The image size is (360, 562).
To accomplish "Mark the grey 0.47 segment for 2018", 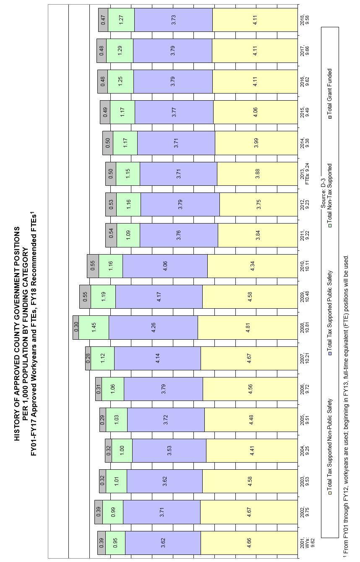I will pos(103,19).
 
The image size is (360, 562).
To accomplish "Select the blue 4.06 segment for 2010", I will pos(165,266).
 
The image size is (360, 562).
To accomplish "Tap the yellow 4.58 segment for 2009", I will pos(250,297).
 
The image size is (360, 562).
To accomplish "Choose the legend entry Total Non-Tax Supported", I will pos(330,193).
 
